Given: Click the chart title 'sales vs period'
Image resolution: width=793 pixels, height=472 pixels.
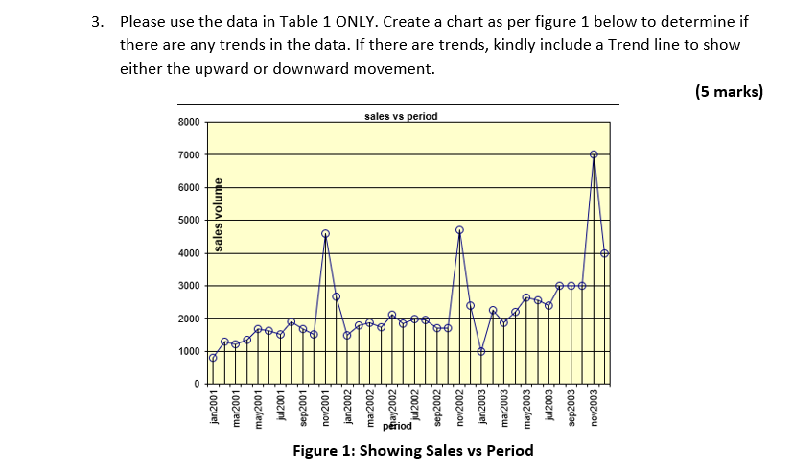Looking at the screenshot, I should click(x=401, y=116).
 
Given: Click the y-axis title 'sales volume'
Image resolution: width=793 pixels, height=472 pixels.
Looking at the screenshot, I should click(x=219, y=215).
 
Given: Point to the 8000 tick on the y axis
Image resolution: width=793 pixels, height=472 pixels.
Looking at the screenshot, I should click(x=189, y=122).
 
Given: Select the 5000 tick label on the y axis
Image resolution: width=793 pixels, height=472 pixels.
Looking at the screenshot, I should click(x=189, y=221).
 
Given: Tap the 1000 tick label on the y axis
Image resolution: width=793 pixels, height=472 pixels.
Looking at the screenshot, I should click(x=189, y=351).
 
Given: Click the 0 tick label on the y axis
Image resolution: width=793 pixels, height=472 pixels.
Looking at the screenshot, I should click(x=196, y=384).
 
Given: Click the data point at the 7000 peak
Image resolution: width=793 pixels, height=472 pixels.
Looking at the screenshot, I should click(x=594, y=154).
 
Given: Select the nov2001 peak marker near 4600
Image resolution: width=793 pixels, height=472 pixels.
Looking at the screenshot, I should click(x=325, y=233).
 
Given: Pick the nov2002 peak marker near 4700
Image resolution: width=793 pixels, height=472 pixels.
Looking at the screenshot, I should click(x=459, y=230).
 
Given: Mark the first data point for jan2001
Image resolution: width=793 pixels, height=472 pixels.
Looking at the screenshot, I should click(x=213, y=358).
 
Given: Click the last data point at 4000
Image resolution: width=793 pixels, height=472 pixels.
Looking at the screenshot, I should click(x=605, y=253).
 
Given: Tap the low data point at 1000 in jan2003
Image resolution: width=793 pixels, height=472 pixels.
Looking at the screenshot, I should click(x=481, y=351).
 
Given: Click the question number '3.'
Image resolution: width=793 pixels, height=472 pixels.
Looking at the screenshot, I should click(x=97, y=21).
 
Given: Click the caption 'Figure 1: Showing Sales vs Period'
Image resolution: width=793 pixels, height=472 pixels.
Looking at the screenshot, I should click(x=398, y=451).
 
